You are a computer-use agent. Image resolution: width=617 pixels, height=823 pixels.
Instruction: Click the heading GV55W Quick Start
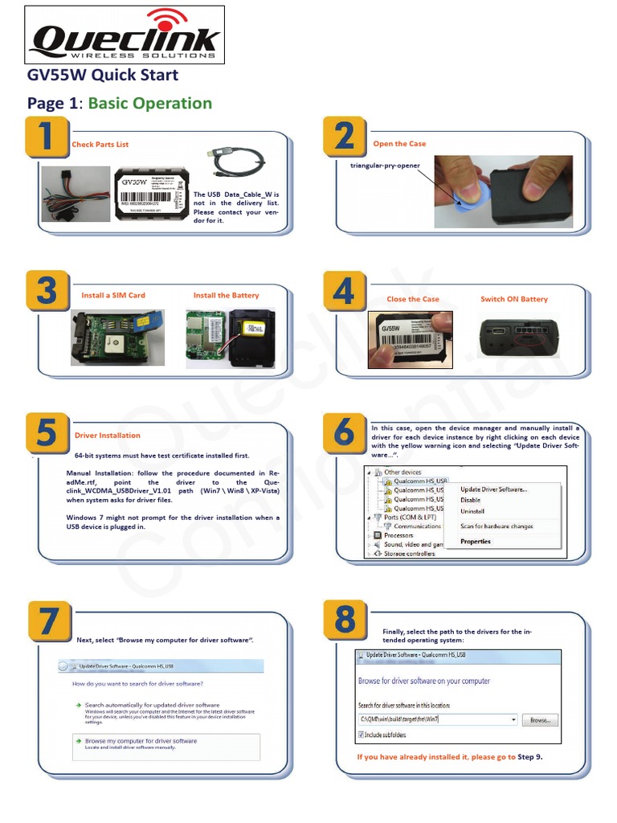coord(103,76)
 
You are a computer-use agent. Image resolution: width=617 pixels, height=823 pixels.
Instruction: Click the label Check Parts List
coord(100,145)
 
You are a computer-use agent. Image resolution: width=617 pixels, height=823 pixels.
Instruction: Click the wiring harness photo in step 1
coord(75,194)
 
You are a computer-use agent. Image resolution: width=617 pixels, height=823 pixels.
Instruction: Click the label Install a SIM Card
coord(113,296)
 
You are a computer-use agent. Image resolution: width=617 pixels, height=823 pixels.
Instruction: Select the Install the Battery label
coord(226,296)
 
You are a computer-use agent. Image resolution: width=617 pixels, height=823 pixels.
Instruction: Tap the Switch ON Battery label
coord(513,299)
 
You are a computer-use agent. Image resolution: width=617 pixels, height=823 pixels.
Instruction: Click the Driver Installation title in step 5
coord(108,436)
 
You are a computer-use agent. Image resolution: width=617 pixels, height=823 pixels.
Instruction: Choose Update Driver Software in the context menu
coord(493,489)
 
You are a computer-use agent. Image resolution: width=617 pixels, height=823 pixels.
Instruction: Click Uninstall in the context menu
coord(472,511)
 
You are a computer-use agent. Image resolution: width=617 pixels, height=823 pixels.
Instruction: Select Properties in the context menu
coord(475,542)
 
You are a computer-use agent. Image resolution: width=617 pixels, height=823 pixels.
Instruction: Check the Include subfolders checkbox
coord(361,735)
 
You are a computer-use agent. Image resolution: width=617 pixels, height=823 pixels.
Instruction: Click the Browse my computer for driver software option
coord(140,741)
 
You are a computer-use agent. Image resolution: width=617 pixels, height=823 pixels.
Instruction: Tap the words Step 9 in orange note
coord(530,757)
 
